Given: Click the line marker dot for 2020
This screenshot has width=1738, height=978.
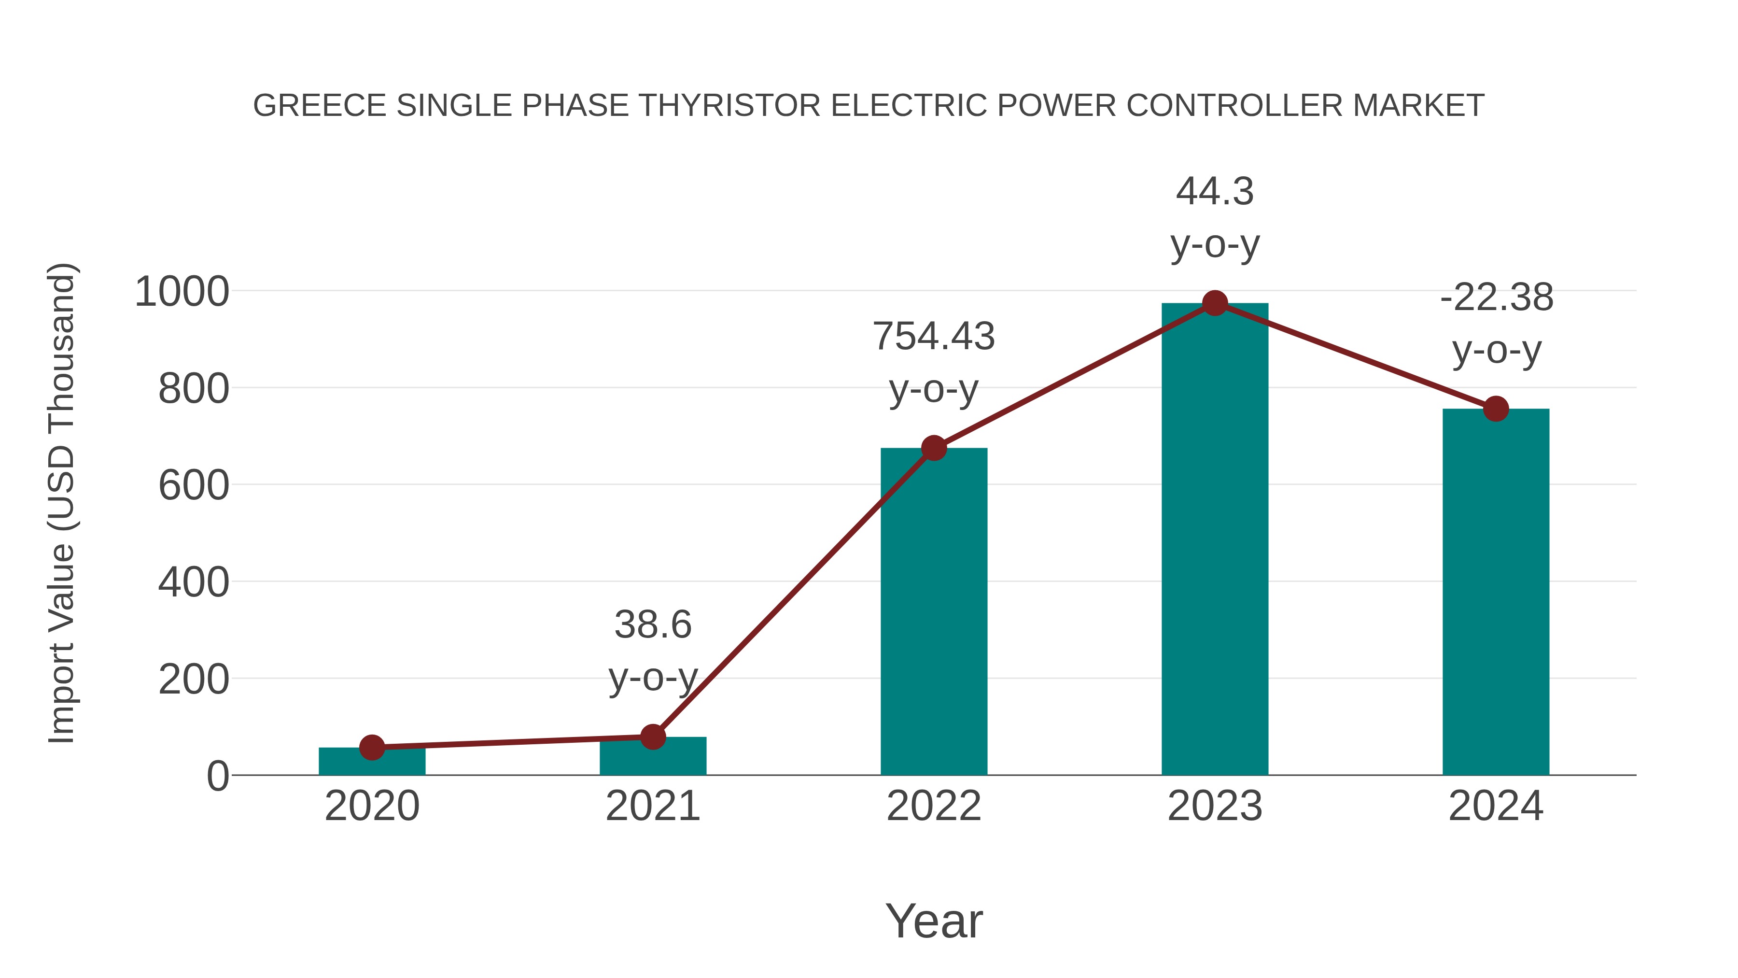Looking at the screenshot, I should (x=372, y=747).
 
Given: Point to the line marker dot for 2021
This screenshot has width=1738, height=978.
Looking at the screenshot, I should (x=652, y=737).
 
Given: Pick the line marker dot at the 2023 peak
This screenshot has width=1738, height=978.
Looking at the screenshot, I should (x=1215, y=303).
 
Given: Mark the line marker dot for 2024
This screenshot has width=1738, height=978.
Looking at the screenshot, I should (x=1496, y=408).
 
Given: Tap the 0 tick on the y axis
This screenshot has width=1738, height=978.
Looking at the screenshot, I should (x=218, y=776).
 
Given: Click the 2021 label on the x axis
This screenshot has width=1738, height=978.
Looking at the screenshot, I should (x=652, y=806).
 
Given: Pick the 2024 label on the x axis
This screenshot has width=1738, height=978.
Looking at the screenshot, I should (x=1496, y=806).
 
